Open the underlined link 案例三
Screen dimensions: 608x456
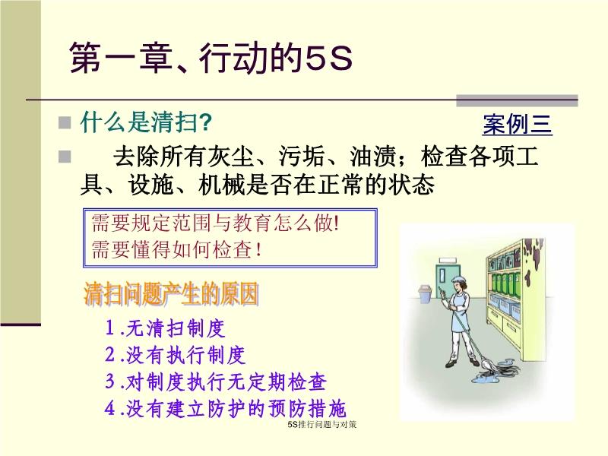(x=518, y=125)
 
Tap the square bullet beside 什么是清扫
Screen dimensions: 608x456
(x=65, y=123)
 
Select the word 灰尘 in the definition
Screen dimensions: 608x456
(x=230, y=157)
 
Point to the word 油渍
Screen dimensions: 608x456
(x=373, y=157)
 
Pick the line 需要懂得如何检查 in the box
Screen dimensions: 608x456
(x=176, y=249)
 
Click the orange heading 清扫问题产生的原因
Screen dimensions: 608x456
(x=171, y=294)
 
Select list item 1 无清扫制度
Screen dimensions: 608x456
(x=165, y=328)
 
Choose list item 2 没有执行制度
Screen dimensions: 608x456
(x=176, y=355)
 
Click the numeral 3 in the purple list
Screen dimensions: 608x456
(x=110, y=382)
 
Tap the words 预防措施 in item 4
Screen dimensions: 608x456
(x=306, y=409)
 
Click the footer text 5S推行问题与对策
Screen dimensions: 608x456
(x=321, y=424)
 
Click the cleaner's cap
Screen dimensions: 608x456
(x=459, y=280)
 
